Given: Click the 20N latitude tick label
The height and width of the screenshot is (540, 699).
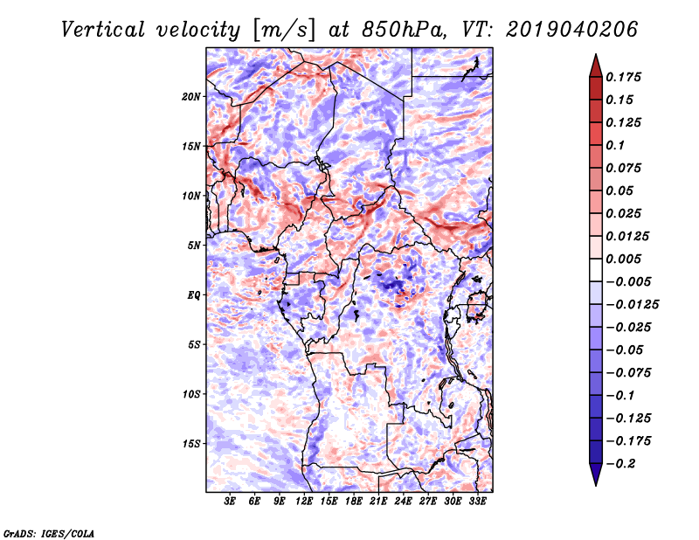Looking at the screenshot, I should coord(191,96).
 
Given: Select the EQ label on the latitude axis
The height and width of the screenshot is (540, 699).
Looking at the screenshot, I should coord(194,295).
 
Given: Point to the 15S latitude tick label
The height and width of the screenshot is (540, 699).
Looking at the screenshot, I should coord(191,444).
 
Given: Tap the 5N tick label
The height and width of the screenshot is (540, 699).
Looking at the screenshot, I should coord(194,246).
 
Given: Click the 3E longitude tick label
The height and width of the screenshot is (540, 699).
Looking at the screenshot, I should coord(231,502).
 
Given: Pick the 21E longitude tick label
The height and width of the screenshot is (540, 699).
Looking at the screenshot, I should coord(379,502).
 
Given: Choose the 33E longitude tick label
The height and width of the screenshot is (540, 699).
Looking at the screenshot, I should coord(478,502).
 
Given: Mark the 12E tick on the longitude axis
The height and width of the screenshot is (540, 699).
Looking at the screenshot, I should coord(305,502).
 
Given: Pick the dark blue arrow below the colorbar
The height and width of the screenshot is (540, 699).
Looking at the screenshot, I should coord(595,477).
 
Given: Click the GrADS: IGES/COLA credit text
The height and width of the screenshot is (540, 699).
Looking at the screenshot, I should coord(48,532).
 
